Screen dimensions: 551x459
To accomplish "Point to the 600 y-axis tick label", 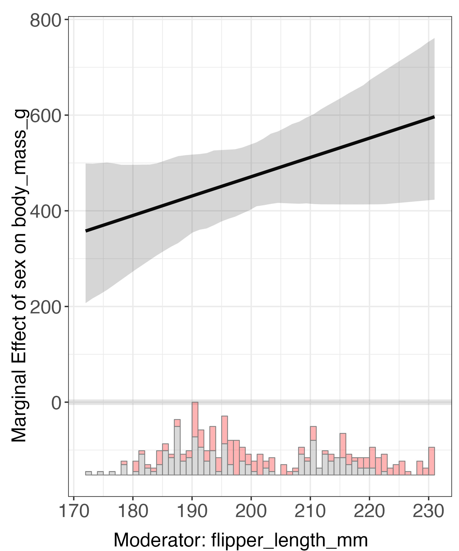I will point(45,116).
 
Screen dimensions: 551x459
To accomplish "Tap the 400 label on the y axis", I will point(45,212).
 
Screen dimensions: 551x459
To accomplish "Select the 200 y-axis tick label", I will point(45,307).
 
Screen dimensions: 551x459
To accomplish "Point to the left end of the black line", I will point(86,231).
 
